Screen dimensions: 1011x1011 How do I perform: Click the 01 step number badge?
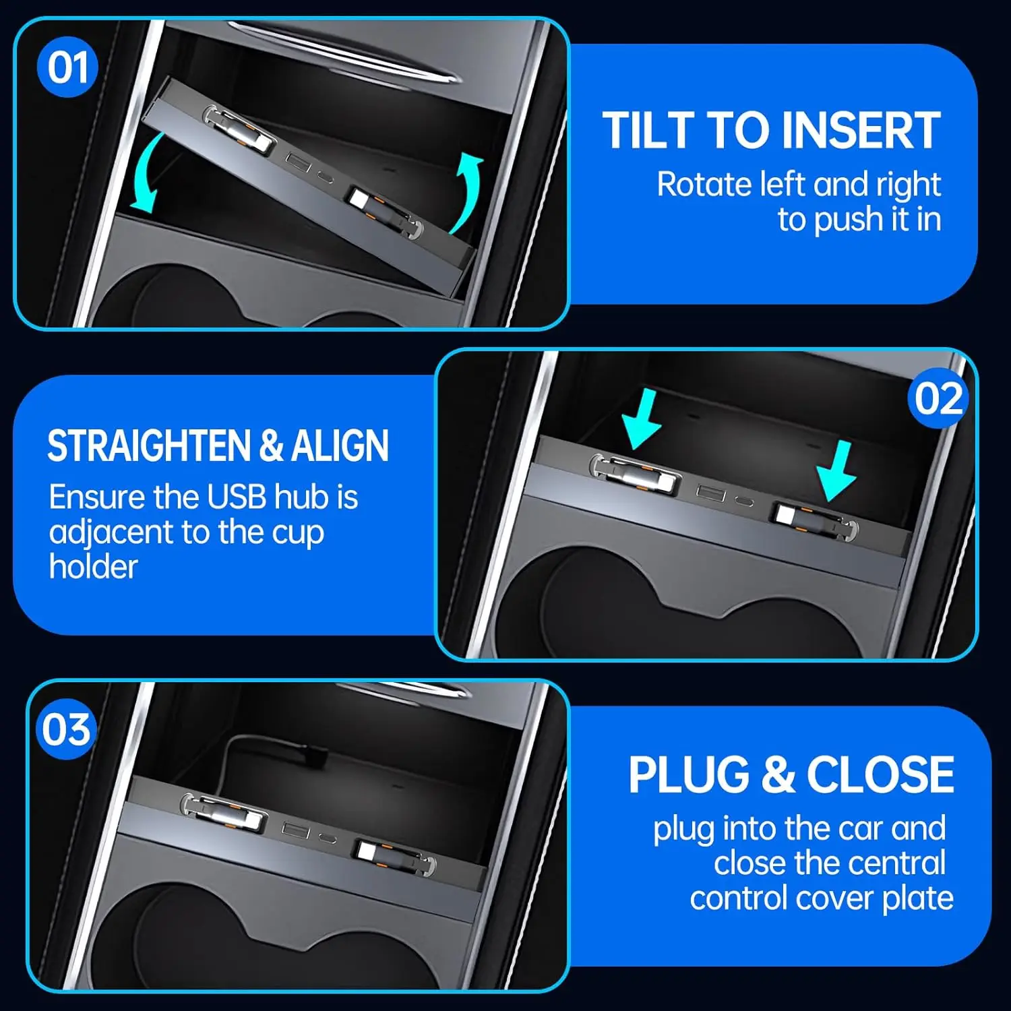point(67,67)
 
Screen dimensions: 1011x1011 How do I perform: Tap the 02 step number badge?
point(938,398)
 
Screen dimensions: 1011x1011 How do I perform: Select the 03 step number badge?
point(65,729)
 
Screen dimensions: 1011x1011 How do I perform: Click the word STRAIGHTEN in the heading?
point(149,446)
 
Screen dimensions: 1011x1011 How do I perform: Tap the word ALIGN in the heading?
point(340,446)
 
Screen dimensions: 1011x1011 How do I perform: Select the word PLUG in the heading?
point(688,774)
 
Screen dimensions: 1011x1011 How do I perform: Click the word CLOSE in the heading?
point(880,774)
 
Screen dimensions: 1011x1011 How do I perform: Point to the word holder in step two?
point(93,566)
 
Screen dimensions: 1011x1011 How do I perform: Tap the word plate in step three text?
point(917,898)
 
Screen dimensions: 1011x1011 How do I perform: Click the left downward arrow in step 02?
point(642,418)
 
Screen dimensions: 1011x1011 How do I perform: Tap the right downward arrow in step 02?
point(837,470)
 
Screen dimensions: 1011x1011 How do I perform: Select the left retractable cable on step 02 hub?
point(634,473)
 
